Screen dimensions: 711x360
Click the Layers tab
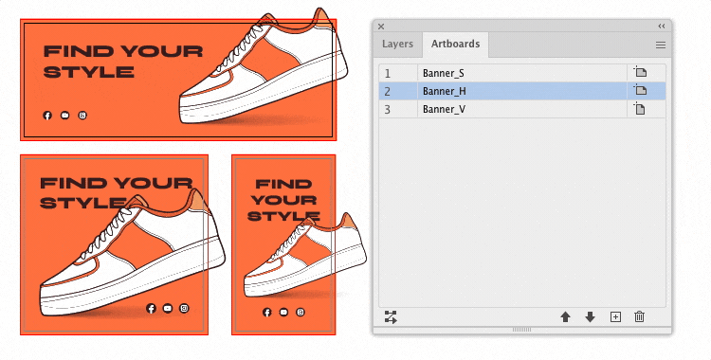397,44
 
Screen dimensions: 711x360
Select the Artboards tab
455,44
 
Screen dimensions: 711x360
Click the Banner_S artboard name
443,73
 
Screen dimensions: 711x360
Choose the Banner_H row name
444,91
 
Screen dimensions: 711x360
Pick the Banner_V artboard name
444,109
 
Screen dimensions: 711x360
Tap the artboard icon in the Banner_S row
640,72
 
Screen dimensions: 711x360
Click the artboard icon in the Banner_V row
640,109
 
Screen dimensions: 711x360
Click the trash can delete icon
639,316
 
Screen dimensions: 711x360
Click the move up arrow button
565,317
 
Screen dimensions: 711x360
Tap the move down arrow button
590,317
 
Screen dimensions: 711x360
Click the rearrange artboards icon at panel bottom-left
391,317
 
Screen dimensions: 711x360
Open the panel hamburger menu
660,45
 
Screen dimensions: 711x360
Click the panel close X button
381,27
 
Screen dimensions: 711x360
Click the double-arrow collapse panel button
662,27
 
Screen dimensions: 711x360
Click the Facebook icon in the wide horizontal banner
47,116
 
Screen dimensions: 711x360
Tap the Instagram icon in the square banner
184,308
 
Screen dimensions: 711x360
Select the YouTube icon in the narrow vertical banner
283,312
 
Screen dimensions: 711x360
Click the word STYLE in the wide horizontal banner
88,72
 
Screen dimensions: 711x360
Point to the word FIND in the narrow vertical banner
283,184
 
